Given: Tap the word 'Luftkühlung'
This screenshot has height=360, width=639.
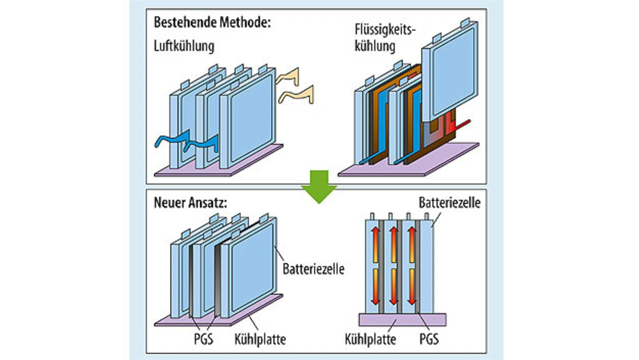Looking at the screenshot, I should click(x=184, y=46).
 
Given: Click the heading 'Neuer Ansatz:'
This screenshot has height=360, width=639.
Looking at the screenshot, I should click(x=190, y=204).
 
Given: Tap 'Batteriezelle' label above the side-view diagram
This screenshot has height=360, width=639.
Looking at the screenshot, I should click(x=449, y=203).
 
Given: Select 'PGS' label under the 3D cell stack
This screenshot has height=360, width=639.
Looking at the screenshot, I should click(x=203, y=339).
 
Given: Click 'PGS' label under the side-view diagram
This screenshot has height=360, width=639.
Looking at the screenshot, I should click(x=429, y=340).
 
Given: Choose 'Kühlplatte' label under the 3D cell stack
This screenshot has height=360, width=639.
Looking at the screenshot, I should click(x=260, y=340).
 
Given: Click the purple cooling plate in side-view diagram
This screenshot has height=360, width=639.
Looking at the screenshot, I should click(x=402, y=320).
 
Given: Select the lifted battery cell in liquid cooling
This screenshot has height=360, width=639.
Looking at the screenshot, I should click(x=449, y=75).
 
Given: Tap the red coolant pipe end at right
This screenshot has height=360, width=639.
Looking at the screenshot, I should click(x=464, y=123).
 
